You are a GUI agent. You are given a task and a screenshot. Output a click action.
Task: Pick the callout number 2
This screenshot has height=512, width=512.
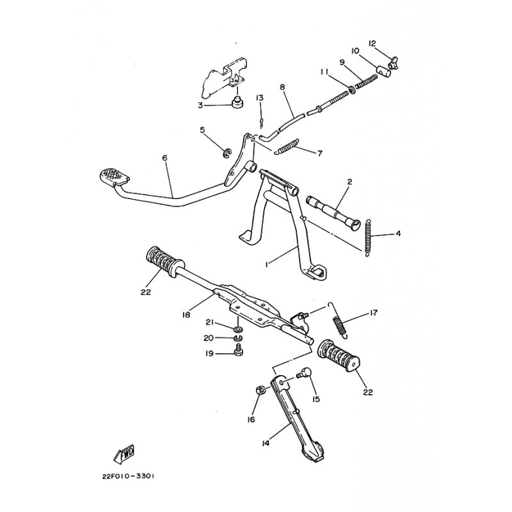click(349, 182)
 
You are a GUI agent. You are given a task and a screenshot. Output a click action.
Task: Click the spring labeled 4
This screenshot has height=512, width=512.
click(369, 237)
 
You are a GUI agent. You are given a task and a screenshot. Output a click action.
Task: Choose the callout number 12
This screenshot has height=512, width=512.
click(372, 44)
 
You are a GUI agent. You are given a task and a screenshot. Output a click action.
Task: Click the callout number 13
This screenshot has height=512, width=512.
click(259, 98)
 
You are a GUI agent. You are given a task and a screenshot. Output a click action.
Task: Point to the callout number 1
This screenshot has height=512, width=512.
click(268, 262)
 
